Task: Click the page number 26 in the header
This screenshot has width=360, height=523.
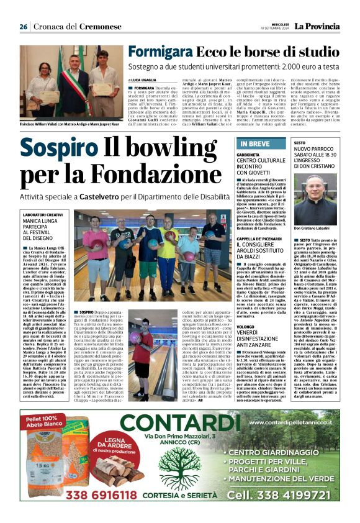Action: click(24, 27)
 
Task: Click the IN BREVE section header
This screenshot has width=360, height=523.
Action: click(254, 144)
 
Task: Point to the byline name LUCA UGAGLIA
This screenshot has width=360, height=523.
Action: click(145, 81)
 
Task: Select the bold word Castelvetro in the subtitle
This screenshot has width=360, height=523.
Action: click(110, 196)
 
